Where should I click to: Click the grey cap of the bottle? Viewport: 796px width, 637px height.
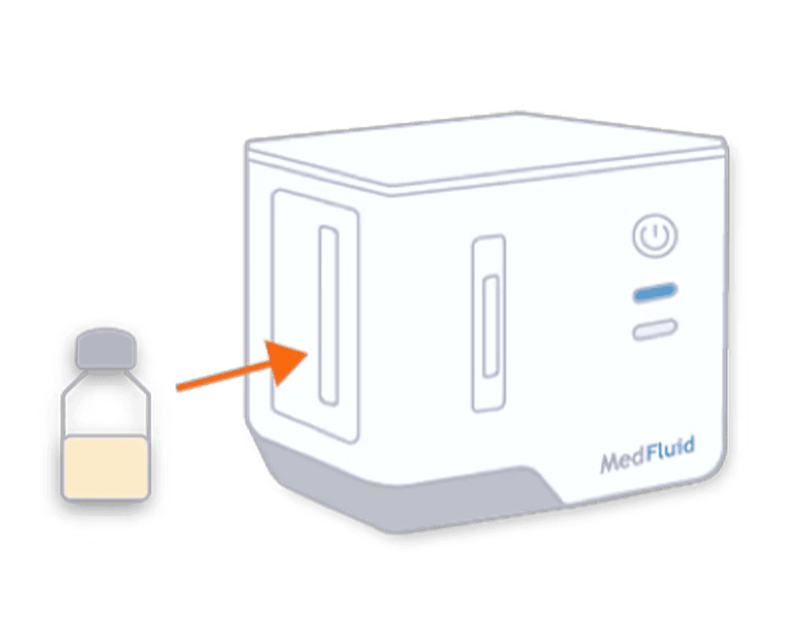(106, 348)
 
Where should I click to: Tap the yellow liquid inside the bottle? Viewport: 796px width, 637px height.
(106, 467)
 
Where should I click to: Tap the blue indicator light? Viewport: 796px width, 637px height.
(655, 292)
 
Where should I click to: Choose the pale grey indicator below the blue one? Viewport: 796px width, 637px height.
(655, 329)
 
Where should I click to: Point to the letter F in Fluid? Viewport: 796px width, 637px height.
(654, 455)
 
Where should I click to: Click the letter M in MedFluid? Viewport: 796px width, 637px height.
(611, 463)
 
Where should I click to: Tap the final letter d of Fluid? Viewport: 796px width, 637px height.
(688, 447)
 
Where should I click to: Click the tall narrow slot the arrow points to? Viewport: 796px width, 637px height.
(329, 315)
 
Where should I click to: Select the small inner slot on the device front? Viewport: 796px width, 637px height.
(490, 326)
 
